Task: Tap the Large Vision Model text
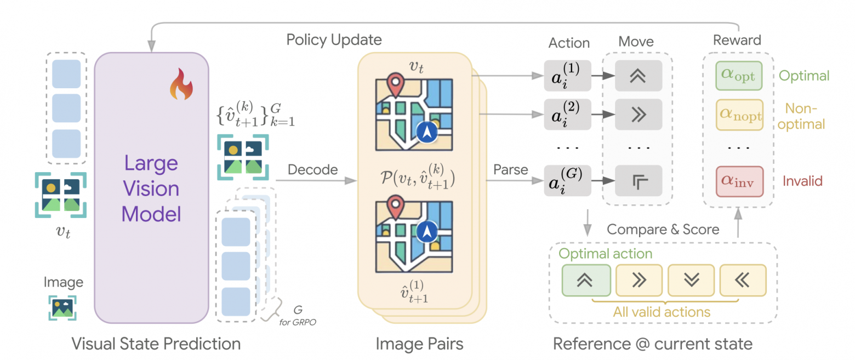tap(151, 188)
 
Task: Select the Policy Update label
tap(334, 40)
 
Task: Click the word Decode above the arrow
tap(312, 170)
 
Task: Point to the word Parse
tap(510, 170)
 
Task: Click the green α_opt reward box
tap(739, 76)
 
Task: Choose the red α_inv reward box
tap(739, 181)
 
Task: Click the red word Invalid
tap(802, 180)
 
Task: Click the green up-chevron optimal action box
tap(586, 279)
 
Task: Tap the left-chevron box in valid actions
tap(743, 279)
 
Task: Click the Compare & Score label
tap(663, 229)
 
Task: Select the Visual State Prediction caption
tap(156, 344)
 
